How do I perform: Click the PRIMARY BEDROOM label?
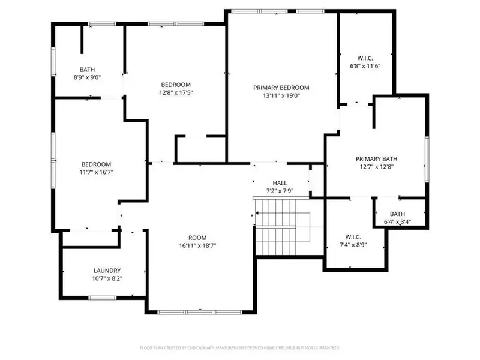(x=281, y=87)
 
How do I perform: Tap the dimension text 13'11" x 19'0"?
(x=281, y=95)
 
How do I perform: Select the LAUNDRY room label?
(x=107, y=271)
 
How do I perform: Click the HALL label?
(x=280, y=183)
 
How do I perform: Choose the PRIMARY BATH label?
(x=376, y=159)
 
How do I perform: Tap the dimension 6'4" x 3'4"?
(x=397, y=222)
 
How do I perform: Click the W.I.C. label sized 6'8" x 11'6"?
(x=365, y=58)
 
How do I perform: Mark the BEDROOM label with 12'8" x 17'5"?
(x=176, y=85)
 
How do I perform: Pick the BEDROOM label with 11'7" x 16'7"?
(x=97, y=164)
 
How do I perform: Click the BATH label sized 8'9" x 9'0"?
(x=88, y=70)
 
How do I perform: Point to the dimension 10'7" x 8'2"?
(x=107, y=278)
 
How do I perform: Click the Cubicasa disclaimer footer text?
(x=240, y=347)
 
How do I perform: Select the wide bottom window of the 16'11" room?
(x=200, y=311)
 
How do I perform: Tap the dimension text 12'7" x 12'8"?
(x=376, y=167)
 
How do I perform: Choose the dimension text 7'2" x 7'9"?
(x=280, y=191)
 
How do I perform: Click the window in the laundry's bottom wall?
(x=102, y=298)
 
